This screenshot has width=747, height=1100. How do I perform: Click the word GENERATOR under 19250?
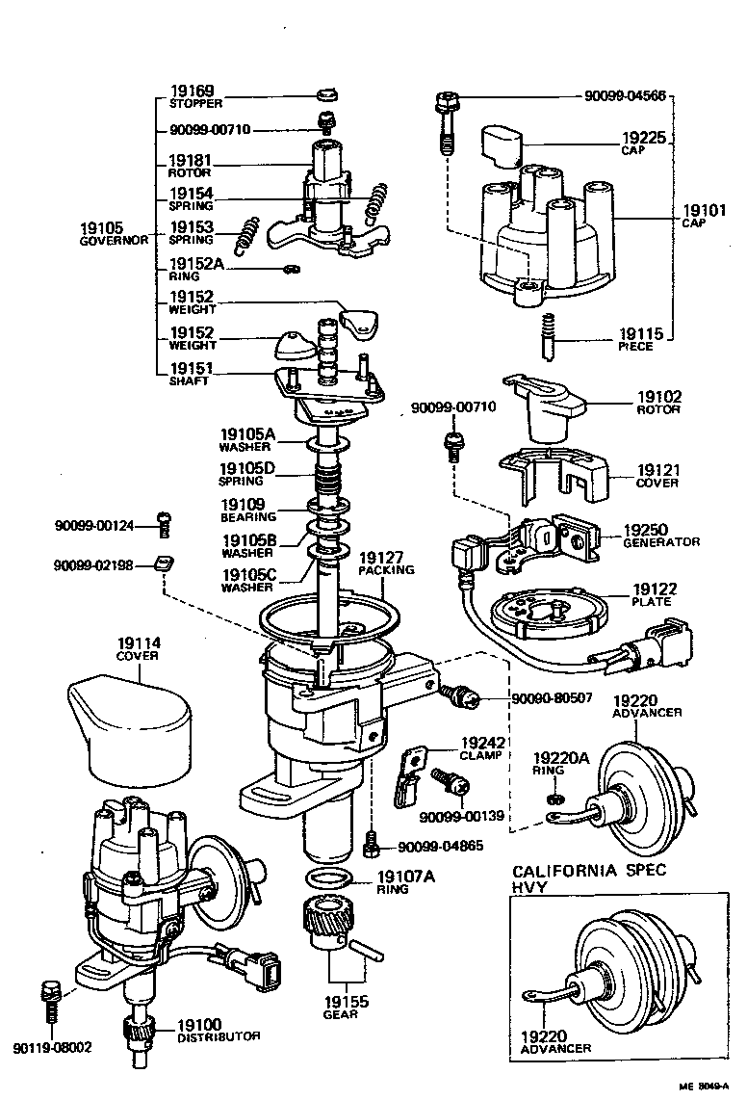click(x=660, y=542)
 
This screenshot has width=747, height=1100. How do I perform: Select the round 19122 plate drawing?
click(x=545, y=616)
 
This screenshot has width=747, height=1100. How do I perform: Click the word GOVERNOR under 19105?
click(x=113, y=241)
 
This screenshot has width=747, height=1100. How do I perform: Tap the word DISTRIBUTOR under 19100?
click(x=218, y=1035)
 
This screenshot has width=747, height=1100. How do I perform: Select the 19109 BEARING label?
click(x=248, y=510)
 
